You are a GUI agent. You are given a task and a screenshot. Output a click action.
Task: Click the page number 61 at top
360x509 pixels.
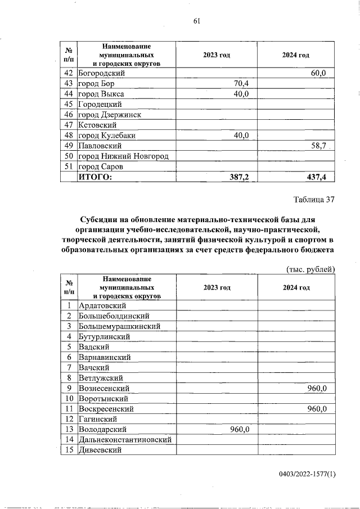197,21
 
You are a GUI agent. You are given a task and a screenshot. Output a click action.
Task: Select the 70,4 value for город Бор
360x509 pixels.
241,84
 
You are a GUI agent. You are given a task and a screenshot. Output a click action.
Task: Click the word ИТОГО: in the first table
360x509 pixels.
95,177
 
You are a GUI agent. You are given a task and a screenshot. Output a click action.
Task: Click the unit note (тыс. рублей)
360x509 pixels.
310,269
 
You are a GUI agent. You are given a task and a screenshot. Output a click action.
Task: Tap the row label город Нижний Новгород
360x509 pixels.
123,156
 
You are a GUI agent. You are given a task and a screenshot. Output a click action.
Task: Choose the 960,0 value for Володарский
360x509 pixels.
240,429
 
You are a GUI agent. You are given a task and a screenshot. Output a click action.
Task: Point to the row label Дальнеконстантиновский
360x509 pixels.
124,439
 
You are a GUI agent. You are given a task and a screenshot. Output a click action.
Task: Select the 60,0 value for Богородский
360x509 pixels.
323,73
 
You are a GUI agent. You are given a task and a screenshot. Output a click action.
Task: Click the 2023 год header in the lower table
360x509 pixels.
217,287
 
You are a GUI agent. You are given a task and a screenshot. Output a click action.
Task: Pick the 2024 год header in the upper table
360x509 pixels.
296,55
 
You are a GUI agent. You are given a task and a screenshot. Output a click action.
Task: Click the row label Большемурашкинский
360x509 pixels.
119,326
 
